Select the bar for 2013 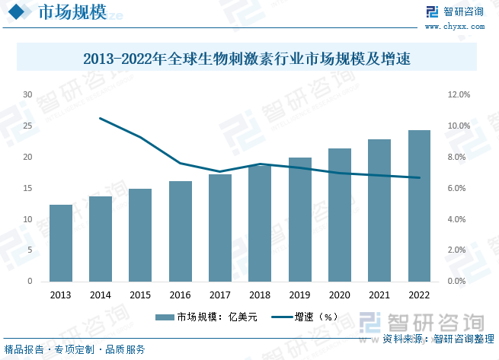(x=61, y=243)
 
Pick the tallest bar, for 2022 (x=419, y=205)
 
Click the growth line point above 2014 (x=101, y=118)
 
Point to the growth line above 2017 (x=220, y=171)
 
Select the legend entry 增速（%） (x=305, y=317)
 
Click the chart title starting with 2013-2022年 (x=248, y=58)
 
